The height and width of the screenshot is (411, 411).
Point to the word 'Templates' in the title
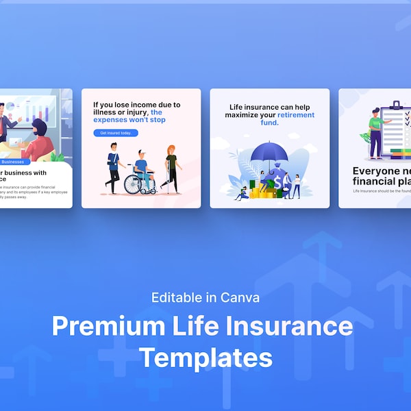pyautogui.click(x=206, y=357)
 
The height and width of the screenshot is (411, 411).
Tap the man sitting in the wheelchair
pyautogui.click(x=140, y=168)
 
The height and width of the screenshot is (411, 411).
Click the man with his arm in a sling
pyautogui.click(x=112, y=168)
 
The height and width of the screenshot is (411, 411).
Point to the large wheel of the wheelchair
pyautogui.click(x=132, y=183)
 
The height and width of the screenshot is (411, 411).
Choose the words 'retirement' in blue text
pyautogui.click(x=296, y=115)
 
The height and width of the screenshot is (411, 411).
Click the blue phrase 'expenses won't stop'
pyautogui.click(x=129, y=120)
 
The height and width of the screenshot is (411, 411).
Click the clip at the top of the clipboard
pyautogui.click(x=396, y=105)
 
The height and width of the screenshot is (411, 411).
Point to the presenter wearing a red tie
pyautogui.click(x=5, y=123)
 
